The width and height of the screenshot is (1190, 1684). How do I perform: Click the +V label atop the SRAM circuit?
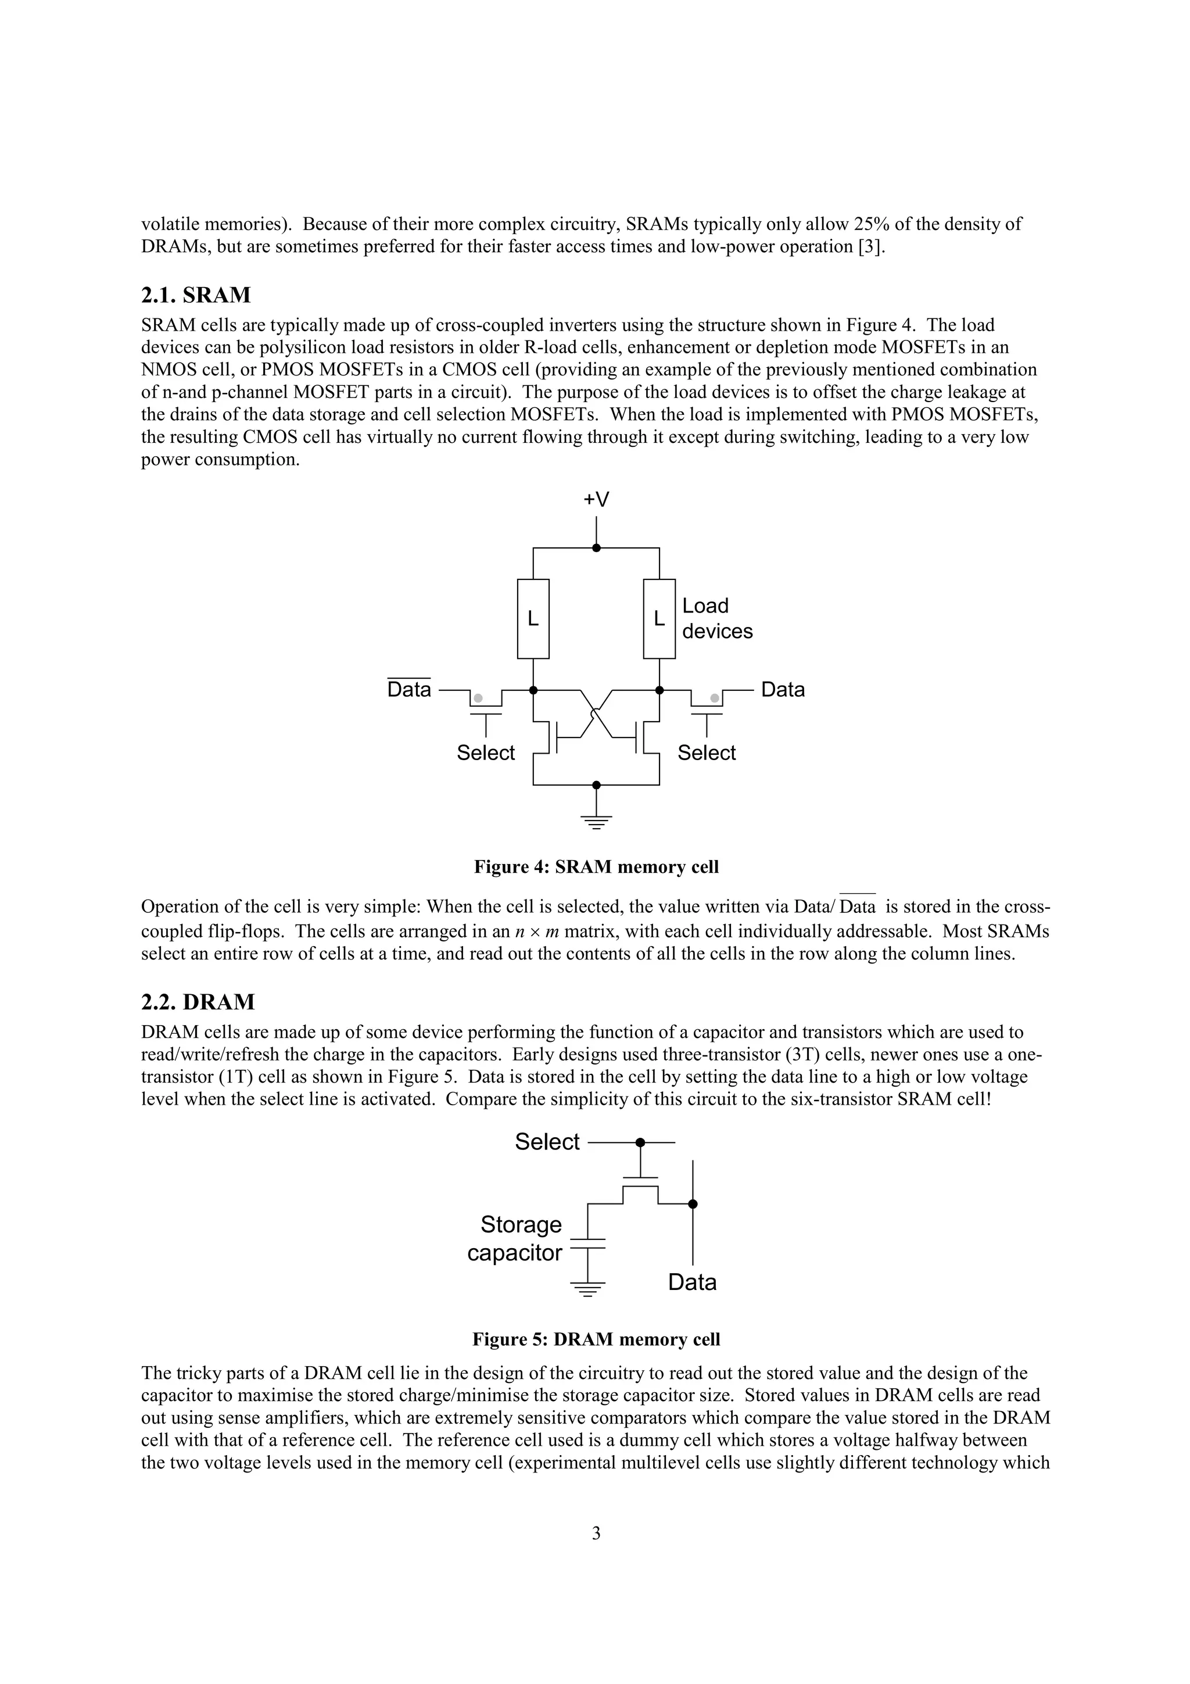[x=596, y=500]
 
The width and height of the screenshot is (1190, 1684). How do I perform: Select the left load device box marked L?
[x=533, y=619]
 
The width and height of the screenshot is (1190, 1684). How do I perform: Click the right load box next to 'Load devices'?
[x=659, y=619]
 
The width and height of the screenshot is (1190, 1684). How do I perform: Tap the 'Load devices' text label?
[x=716, y=618]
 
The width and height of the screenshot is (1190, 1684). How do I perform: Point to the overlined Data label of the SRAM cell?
[x=409, y=689]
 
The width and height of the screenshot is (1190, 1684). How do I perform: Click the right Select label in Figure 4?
[x=706, y=753]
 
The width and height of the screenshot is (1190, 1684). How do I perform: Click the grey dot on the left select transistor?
[x=478, y=698]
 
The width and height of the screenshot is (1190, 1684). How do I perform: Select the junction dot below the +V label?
[x=596, y=548]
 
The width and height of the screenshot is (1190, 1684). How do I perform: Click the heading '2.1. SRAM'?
[x=196, y=295]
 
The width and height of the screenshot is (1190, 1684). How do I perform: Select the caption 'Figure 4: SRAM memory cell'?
[x=596, y=867]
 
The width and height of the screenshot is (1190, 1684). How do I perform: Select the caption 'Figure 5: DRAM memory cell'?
[x=596, y=1339]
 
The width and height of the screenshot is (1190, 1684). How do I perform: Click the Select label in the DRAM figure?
[x=547, y=1142]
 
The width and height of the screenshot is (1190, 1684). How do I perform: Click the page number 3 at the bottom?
[x=596, y=1533]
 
